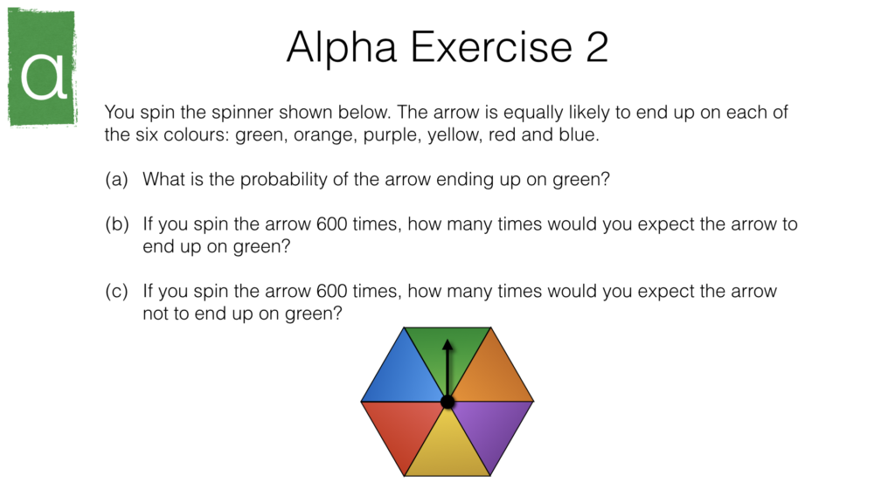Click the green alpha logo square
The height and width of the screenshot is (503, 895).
point(42,66)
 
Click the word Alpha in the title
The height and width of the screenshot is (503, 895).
point(342,49)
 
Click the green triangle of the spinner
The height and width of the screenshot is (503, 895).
point(447,354)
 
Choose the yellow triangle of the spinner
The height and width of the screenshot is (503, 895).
point(447,451)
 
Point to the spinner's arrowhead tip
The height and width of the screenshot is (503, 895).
point(447,340)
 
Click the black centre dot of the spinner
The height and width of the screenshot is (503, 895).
point(447,402)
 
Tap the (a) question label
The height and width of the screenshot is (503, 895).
point(116,180)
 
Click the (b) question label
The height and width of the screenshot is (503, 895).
point(117,224)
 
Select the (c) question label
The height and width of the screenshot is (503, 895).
point(116,292)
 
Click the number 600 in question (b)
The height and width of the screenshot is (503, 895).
point(331,224)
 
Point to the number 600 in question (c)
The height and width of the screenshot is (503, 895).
point(331,292)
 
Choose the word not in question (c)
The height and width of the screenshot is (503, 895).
point(154,314)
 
